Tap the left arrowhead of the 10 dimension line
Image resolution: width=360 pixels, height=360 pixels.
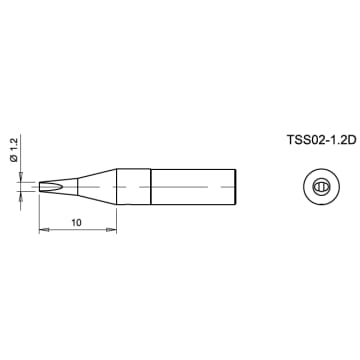43,232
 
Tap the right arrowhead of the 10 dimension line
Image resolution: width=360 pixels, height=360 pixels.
113,232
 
